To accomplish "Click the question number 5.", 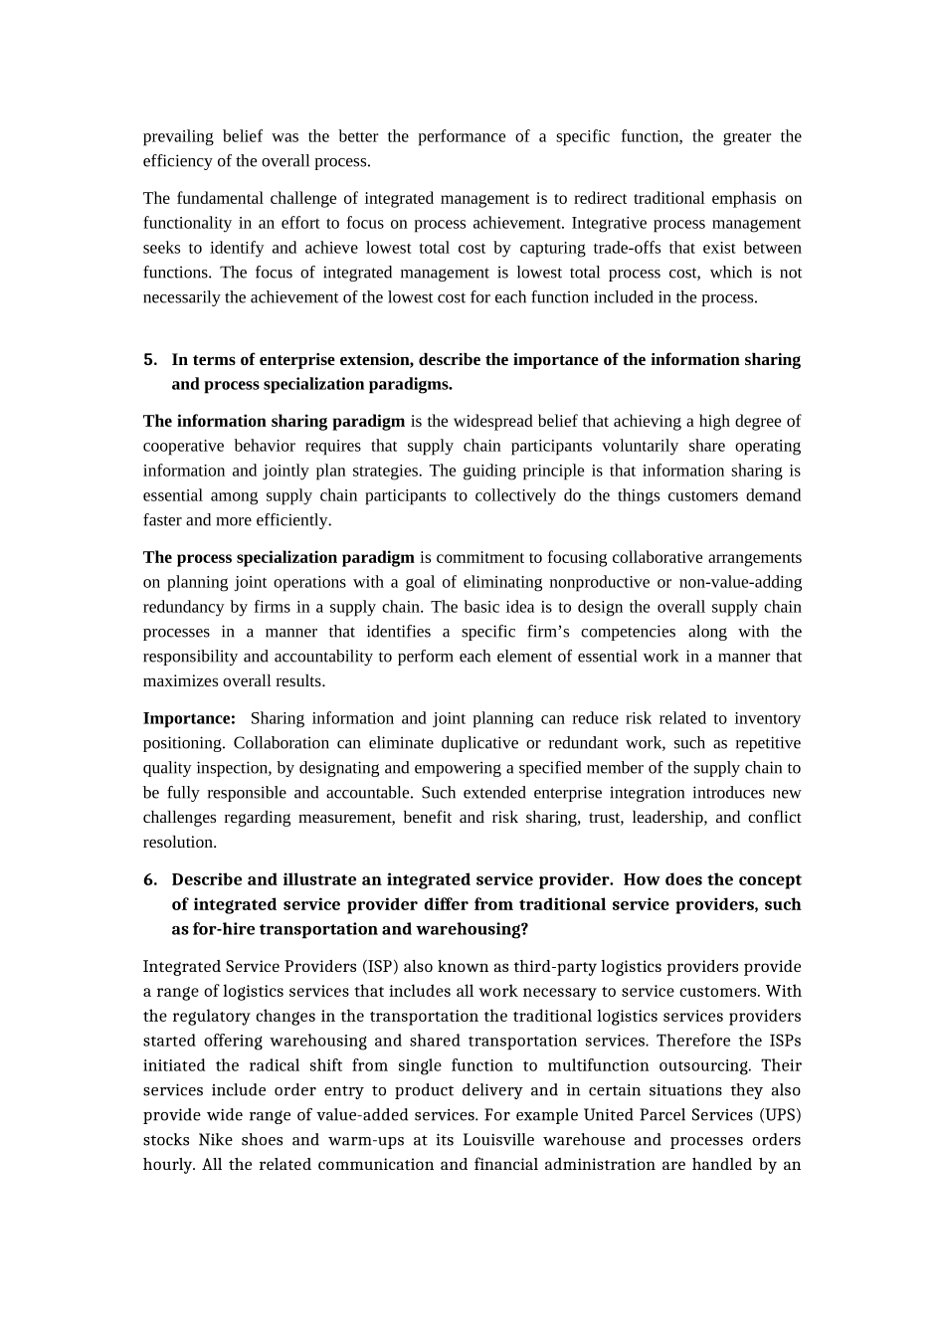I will point(149,360).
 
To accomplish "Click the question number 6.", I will point(149,880).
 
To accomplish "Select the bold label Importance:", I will point(189,719).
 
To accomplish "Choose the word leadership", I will point(667,818).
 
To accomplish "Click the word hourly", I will point(167,1166).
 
